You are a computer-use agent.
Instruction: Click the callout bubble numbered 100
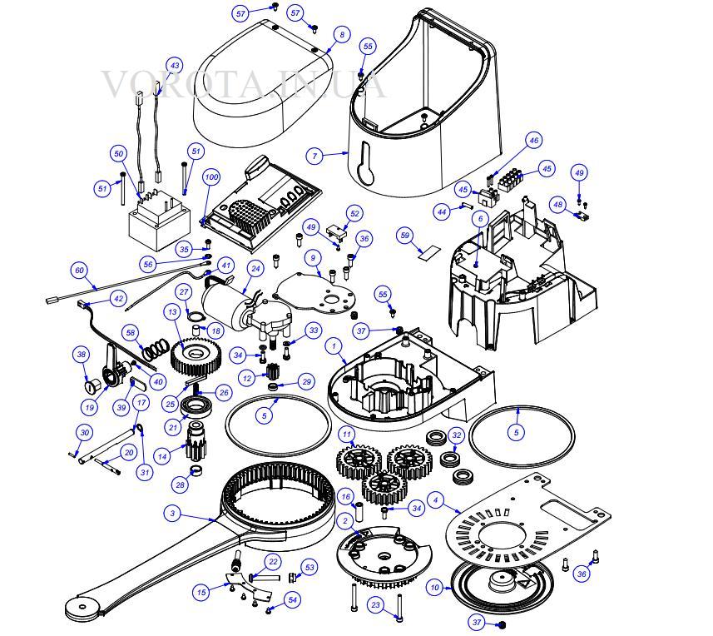pos(211,177)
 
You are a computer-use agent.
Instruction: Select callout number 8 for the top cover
pos(342,34)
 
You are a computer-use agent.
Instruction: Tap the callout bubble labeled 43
pos(175,66)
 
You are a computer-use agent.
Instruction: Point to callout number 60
pos(80,271)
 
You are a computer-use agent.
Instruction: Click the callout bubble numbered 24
pos(255,269)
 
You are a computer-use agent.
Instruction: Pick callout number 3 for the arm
pos(172,514)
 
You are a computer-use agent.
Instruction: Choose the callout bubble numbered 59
pos(404,236)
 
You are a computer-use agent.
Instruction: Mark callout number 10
pos(435,588)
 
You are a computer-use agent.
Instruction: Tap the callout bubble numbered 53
pos(309,567)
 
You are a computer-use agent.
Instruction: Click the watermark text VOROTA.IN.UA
pos(243,85)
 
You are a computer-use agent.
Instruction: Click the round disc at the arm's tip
pos(82,606)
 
